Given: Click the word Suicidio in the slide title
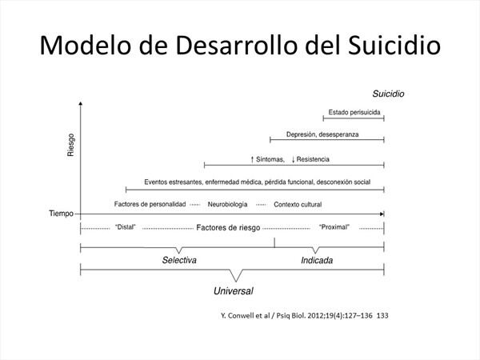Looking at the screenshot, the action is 394,46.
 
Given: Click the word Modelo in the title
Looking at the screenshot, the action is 86,46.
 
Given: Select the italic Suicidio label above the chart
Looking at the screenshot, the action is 388,94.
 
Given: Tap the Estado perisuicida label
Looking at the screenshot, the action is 354,112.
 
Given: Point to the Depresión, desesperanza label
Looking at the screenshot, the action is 322,134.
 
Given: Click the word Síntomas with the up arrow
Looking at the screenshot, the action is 267,159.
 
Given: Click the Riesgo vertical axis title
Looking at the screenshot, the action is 70,145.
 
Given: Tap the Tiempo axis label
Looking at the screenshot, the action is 62,214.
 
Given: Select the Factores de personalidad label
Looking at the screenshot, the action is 150,204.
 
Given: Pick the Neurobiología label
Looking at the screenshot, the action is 227,204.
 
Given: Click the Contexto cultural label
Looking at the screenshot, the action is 298,205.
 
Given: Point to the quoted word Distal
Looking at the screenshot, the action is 126,227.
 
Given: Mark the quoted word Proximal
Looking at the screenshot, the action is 334,227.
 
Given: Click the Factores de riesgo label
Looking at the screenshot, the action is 228,228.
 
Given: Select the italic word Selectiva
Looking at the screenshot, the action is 179,260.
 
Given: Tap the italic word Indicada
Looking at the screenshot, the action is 317,260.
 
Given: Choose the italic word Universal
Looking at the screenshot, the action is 234,291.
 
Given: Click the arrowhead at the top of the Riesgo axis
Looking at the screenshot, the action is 81,103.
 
